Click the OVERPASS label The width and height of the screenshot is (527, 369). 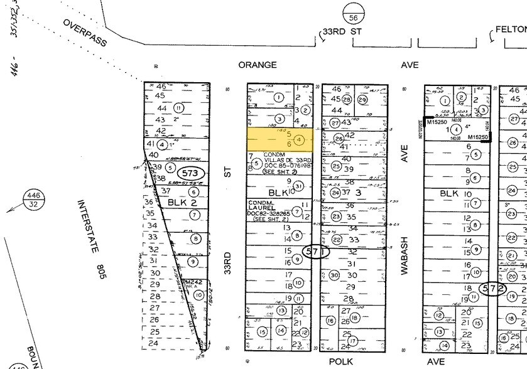pos(85,32)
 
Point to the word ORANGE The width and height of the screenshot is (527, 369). pos(257,65)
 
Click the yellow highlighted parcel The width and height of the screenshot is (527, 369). pos(279,139)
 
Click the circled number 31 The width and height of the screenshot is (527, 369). pos(299,186)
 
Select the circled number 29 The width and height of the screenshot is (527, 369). pos(362,99)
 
